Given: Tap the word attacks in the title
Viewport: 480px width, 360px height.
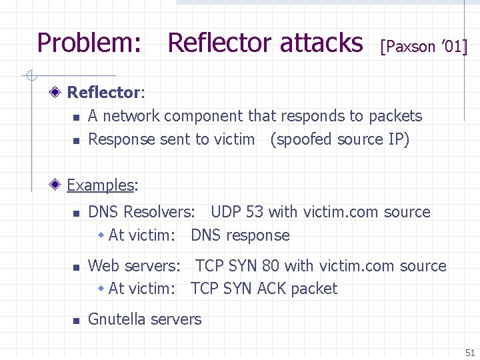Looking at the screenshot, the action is tap(321, 43).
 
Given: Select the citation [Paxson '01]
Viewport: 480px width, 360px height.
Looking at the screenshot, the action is tap(423, 47).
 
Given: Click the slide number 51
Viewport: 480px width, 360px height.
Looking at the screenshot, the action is tap(469, 353).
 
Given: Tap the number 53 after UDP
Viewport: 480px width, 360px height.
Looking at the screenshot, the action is tap(255, 212).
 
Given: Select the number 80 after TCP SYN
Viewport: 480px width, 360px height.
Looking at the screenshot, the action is tap(271, 265).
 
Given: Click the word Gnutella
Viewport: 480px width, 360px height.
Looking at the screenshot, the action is tap(117, 319).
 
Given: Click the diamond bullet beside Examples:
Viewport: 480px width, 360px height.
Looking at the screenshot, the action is tap(59, 185).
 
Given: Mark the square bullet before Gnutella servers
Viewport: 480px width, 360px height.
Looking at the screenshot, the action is tap(76, 321).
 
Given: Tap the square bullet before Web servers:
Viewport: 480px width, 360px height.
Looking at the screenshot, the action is tap(76, 267).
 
